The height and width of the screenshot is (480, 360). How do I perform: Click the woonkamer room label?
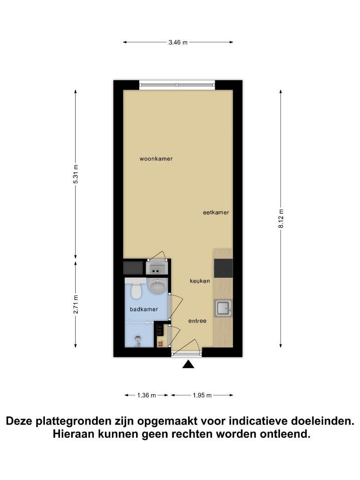point(156,159)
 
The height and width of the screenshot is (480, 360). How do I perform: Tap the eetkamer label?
point(216,212)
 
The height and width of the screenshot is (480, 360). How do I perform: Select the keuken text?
point(200,281)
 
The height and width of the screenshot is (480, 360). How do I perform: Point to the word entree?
point(197,321)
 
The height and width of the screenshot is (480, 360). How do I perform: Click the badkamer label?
point(144,309)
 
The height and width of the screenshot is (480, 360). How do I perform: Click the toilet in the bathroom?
point(135,289)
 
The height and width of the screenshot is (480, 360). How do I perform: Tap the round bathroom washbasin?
point(157,286)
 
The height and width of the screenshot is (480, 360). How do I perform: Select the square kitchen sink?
point(224,308)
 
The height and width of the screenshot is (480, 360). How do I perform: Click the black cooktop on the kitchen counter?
point(223,268)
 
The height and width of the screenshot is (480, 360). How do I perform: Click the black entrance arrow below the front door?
point(188,364)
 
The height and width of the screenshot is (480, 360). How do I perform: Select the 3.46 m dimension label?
point(178,42)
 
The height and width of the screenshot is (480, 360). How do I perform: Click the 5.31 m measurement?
point(76,174)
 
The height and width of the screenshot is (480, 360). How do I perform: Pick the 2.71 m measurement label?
point(76,304)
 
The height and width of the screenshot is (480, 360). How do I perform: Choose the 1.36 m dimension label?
point(147,395)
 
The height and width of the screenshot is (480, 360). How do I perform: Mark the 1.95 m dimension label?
point(202,395)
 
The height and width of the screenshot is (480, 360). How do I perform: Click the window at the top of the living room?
point(177,85)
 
